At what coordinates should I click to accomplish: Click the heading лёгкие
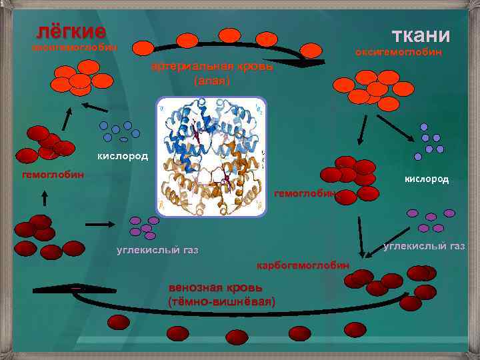(71, 31)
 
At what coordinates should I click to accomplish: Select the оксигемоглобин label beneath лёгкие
(75, 48)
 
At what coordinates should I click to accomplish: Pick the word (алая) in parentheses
(211, 81)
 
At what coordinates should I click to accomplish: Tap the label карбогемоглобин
(303, 265)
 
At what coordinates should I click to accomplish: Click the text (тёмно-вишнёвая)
(222, 302)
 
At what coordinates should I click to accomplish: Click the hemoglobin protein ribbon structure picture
(211, 157)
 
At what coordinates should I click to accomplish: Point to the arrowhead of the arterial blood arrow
(308, 64)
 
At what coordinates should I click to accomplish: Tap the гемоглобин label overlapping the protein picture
(304, 193)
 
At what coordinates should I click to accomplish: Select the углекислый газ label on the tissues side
(425, 247)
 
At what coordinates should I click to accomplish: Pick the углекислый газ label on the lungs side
(157, 251)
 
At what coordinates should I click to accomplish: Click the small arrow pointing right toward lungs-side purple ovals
(100, 225)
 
